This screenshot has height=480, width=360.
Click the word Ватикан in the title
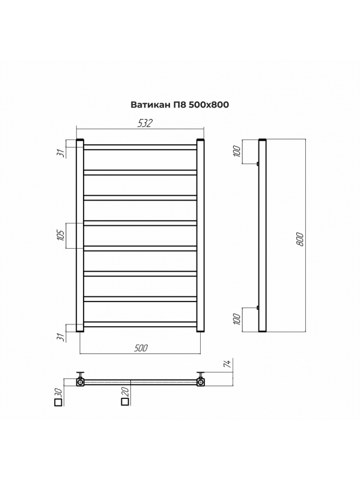tap(150, 105)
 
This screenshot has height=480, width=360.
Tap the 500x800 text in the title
tap(209, 105)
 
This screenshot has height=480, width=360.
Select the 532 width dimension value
tap(145, 123)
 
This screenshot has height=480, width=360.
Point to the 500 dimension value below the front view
tap(141, 348)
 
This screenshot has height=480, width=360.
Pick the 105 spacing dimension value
tap(61, 235)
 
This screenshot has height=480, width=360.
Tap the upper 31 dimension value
tap(62, 153)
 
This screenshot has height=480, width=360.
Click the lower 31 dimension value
tap(62, 337)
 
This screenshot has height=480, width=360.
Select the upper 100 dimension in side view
tap(237, 151)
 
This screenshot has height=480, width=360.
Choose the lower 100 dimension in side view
tap(237, 319)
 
